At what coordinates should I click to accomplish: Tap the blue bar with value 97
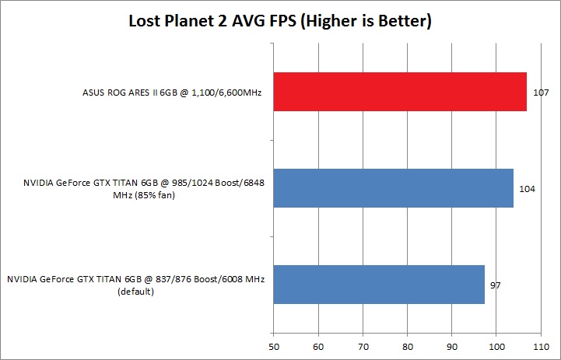(379, 285)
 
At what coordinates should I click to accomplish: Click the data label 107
(538, 93)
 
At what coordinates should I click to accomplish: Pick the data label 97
(495, 285)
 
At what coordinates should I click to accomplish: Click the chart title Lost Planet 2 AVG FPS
(280, 22)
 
